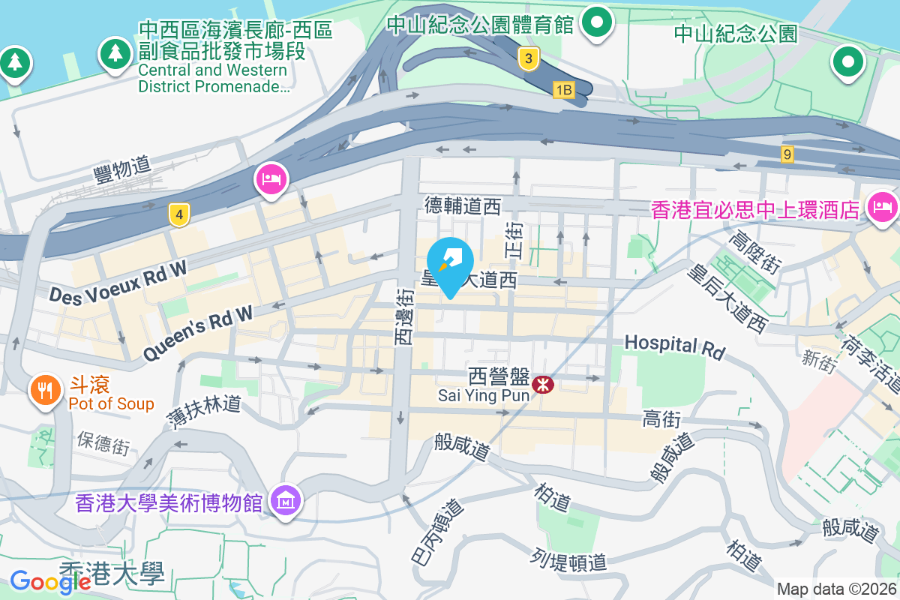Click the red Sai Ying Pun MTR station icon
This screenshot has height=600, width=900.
click(541, 385)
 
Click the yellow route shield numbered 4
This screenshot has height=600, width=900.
click(178, 215)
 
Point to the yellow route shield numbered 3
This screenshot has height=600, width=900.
click(529, 58)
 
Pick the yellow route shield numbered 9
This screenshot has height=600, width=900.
click(787, 154)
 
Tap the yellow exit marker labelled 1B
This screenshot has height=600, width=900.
click(563, 90)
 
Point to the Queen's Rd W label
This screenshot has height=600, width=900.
click(198, 334)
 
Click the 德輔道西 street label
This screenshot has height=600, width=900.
click(462, 205)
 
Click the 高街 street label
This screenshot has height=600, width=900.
click(661, 420)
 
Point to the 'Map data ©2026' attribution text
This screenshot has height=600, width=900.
click(836, 589)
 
